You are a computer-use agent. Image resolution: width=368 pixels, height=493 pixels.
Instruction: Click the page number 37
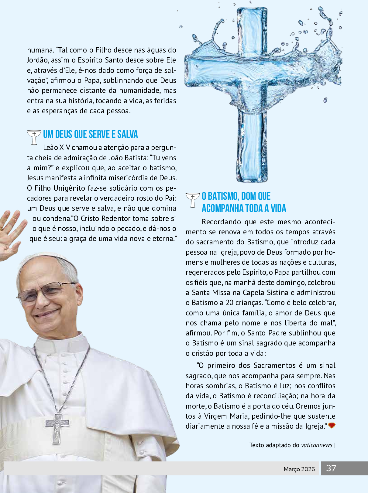(x=331, y=468)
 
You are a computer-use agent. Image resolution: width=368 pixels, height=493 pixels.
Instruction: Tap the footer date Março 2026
(x=299, y=469)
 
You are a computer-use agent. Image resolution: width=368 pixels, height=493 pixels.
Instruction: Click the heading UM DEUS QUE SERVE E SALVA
(x=90, y=134)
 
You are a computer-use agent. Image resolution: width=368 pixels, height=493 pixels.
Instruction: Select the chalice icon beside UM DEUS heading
(x=34, y=137)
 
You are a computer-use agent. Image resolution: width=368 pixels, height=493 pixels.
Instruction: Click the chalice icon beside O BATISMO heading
(x=192, y=199)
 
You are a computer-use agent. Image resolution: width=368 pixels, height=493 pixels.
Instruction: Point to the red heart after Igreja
(x=332, y=426)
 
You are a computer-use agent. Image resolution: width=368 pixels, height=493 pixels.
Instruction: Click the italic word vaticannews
(x=317, y=445)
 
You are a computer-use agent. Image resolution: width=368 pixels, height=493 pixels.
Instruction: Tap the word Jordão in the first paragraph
(x=38, y=60)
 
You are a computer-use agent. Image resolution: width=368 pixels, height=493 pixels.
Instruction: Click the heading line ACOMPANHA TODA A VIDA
(x=244, y=208)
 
